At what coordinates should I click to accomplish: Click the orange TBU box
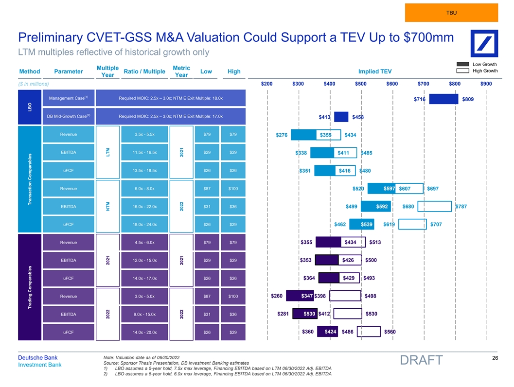click(x=451, y=13)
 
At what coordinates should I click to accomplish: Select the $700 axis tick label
click(x=423, y=84)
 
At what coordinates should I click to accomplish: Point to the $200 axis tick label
click(x=266, y=84)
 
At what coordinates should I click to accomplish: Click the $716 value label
click(x=420, y=99)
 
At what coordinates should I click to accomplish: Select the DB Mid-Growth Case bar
click(x=341, y=117)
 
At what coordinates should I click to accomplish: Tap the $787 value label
click(x=461, y=207)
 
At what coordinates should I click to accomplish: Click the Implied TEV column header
click(x=374, y=72)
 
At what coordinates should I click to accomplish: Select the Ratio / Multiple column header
click(x=145, y=72)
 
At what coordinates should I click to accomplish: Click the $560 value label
click(x=390, y=332)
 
